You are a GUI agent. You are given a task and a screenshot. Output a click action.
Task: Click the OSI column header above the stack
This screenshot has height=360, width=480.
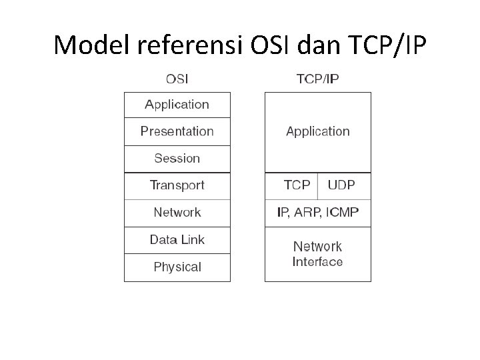[x=177, y=79]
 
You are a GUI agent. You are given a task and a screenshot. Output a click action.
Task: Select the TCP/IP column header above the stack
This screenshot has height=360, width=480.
[x=317, y=79]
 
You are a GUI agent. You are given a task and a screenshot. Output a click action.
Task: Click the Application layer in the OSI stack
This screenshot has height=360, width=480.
[x=177, y=105]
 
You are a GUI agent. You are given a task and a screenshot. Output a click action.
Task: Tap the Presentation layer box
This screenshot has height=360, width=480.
[x=177, y=131]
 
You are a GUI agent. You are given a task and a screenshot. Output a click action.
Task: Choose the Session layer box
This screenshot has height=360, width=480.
[x=177, y=159]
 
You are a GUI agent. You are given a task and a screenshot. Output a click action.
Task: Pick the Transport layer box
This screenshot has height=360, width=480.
[x=177, y=185]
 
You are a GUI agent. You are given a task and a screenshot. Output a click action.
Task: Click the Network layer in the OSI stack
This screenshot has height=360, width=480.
[x=177, y=213]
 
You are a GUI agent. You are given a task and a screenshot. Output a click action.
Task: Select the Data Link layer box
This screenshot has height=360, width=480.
[x=177, y=240]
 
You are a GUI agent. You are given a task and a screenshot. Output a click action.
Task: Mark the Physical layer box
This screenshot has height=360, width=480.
[x=177, y=267]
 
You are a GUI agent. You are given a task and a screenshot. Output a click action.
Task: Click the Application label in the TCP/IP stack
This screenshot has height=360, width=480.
[x=317, y=131]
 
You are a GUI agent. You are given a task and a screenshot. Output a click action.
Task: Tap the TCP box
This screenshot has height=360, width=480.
[x=291, y=185]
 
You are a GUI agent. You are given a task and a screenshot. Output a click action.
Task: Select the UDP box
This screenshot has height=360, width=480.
[x=344, y=185]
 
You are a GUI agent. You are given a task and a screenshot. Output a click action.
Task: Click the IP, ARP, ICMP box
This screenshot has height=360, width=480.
[x=317, y=213]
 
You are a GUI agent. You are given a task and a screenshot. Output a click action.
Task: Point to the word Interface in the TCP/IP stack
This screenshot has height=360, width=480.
[x=317, y=262]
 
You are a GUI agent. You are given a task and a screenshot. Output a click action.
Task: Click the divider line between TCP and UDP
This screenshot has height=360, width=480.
[x=318, y=186]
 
